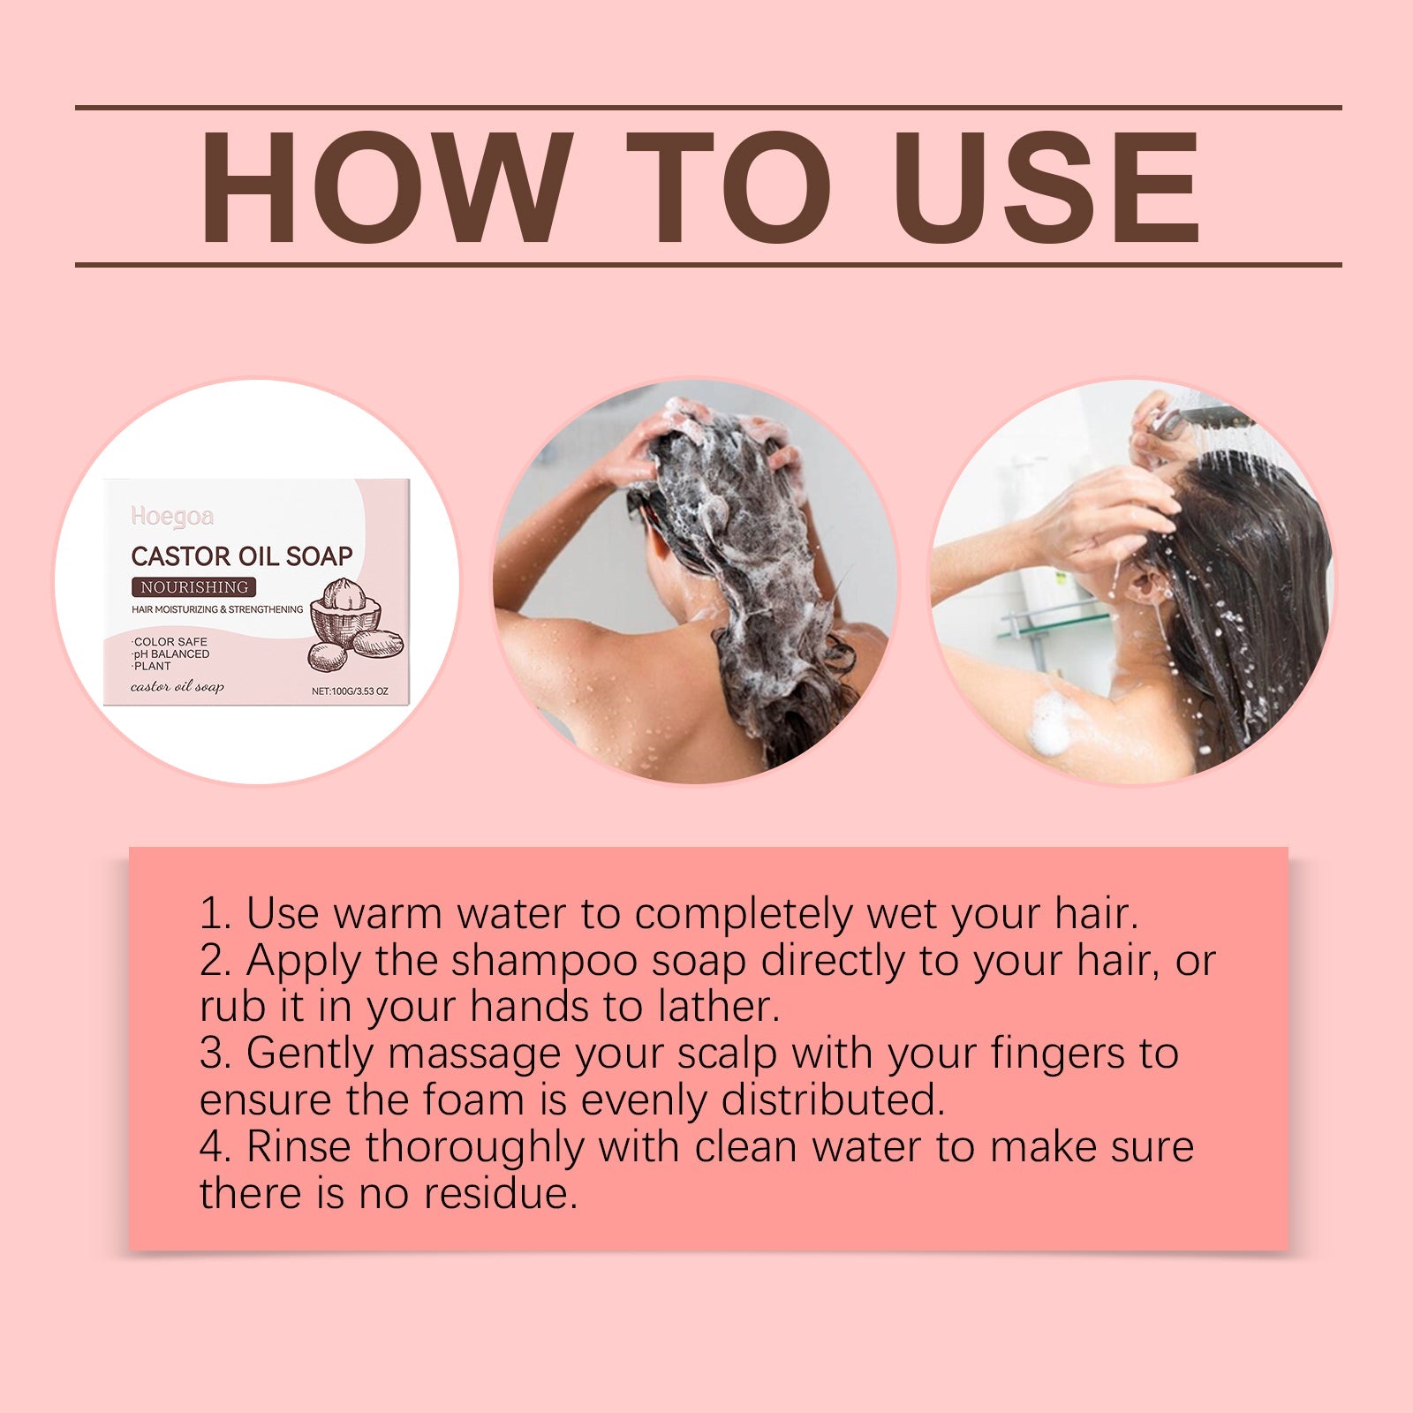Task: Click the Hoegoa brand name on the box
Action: (x=172, y=517)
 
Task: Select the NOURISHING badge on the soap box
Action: (x=194, y=587)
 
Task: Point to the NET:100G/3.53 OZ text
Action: (x=350, y=691)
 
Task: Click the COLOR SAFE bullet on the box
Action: (x=170, y=642)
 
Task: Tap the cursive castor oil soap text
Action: (x=177, y=687)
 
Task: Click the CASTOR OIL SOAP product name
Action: (x=241, y=555)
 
